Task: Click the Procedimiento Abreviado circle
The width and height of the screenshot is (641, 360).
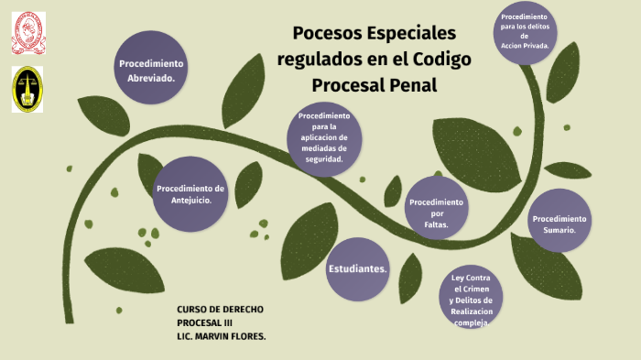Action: (x=151, y=71)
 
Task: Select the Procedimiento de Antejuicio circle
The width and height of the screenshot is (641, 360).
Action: (x=190, y=193)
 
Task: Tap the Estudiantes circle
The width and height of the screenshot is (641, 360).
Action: (x=357, y=268)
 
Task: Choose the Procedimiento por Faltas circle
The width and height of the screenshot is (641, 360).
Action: (x=436, y=213)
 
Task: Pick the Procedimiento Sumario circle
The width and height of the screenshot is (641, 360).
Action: (x=560, y=224)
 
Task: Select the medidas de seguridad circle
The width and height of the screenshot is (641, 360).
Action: (x=324, y=137)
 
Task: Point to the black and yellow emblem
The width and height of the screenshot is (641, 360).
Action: (x=27, y=89)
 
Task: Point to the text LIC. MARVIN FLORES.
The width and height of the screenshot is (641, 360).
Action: (x=221, y=336)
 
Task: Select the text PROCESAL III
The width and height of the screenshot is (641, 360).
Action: (x=205, y=323)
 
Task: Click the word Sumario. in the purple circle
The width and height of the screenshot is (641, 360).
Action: (x=560, y=230)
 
